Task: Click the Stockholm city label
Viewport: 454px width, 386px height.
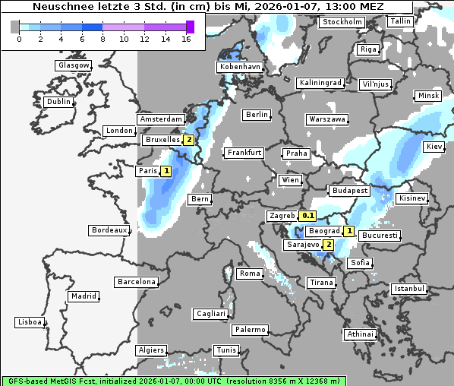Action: (341, 22)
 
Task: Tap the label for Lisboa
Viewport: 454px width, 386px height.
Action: (29, 322)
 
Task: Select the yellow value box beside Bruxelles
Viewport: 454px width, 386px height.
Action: (188, 140)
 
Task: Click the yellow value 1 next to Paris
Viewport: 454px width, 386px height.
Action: (166, 171)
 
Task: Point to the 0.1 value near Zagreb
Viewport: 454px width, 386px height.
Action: (307, 216)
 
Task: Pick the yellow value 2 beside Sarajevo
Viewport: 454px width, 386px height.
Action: (327, 245)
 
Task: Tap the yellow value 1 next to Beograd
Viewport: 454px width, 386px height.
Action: (348, 231)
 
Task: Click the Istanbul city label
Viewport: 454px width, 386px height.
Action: (409, 289)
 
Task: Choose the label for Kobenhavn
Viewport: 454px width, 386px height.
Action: (239, 67)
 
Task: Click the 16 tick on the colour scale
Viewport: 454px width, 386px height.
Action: (187, 39)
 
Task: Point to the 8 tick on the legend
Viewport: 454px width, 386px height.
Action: (102, 39)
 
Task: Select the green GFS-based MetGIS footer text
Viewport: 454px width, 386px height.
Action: (173, 380)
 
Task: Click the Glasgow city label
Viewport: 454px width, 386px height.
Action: (74, 65)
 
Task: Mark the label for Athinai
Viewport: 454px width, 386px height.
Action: (359, 334)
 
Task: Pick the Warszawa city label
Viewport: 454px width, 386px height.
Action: (327, 119)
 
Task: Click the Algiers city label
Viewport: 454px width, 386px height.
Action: (150, 350)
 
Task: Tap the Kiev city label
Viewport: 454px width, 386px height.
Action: (434, 146)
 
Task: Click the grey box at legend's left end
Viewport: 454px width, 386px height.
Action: (15, 27)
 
